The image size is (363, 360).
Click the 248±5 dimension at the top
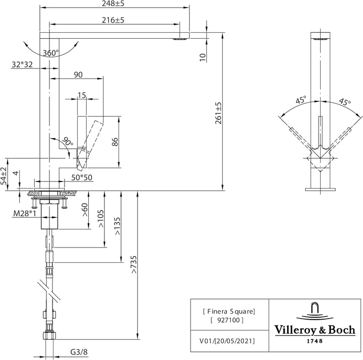click(x=113, y=4)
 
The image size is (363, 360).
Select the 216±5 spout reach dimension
click(x=113, y=20)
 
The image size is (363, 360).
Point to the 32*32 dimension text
click(x=22, y=65)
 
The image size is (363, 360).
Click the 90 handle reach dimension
click(x=78, y=75)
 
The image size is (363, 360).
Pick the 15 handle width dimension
click(x=82, y=95)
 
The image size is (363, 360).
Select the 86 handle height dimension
click(x=114, y=142)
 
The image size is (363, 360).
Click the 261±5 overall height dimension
click(x=218, y=113)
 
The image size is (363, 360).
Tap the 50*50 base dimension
click(x=82, y=177)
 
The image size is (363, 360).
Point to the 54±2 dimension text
click(x=4, y=176)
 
